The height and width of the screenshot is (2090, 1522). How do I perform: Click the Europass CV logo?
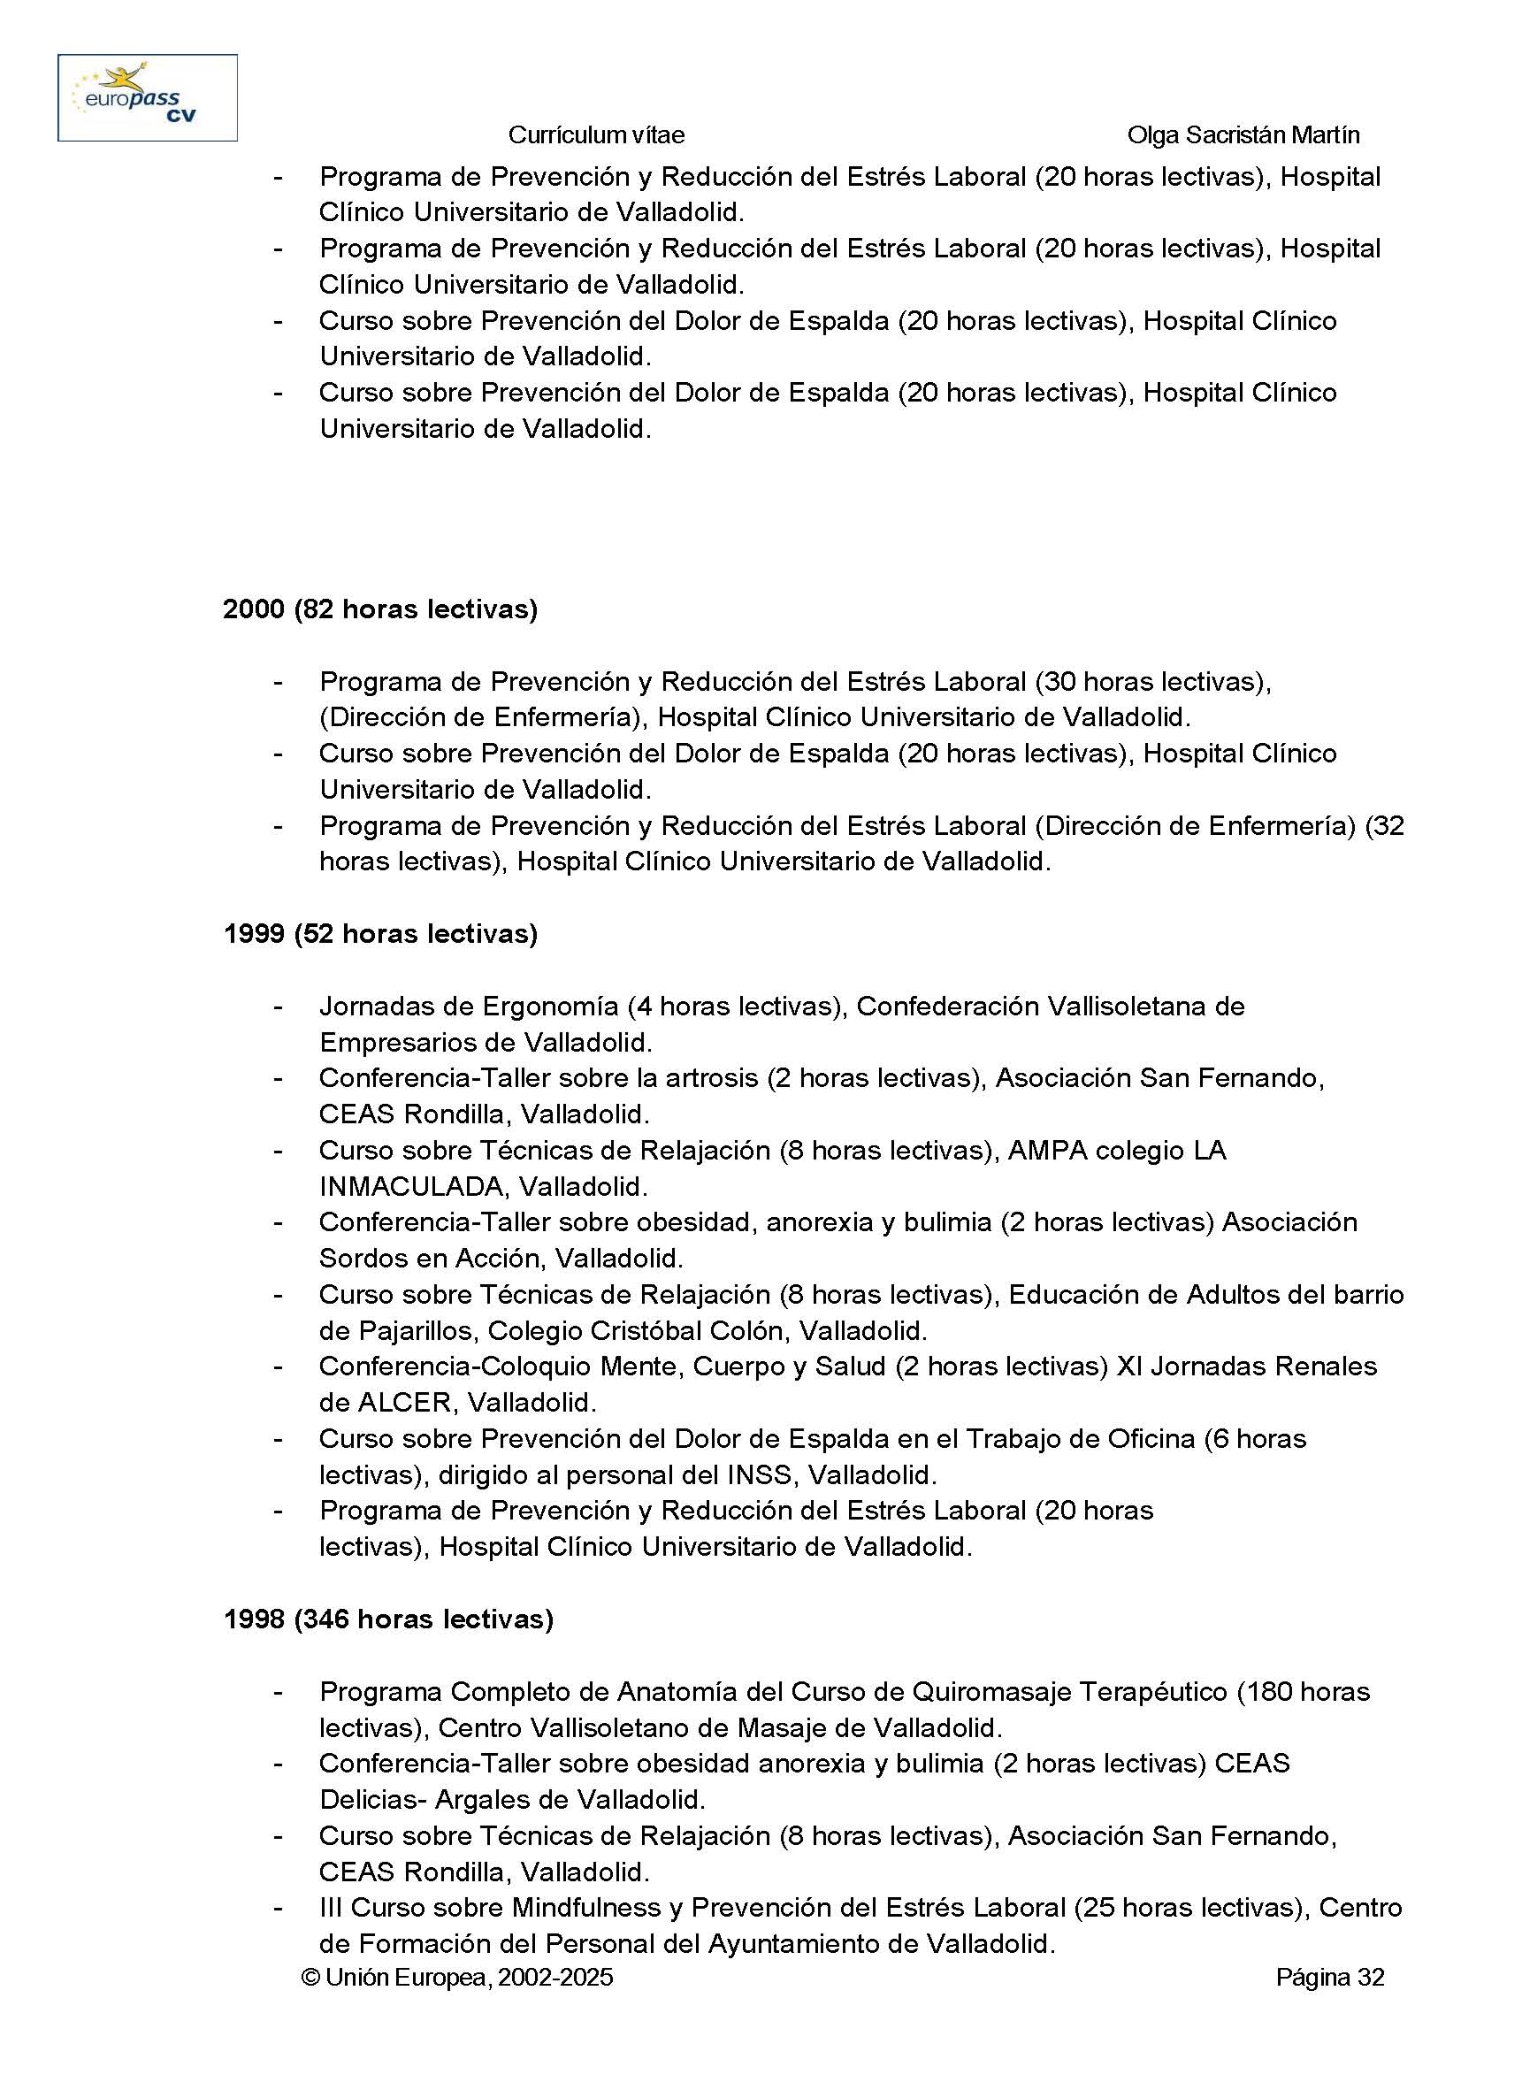[x=148, y=97]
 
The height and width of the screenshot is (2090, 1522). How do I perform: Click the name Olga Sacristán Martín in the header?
[x=1243, y=135]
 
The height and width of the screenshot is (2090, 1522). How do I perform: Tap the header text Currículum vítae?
[x=596, y=135]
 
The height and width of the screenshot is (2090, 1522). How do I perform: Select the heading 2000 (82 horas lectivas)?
[x=380, y=609]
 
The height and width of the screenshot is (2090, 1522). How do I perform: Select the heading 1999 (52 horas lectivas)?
[x=380, y=933]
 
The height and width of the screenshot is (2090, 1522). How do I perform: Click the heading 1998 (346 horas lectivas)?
[x=388, y=1619]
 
